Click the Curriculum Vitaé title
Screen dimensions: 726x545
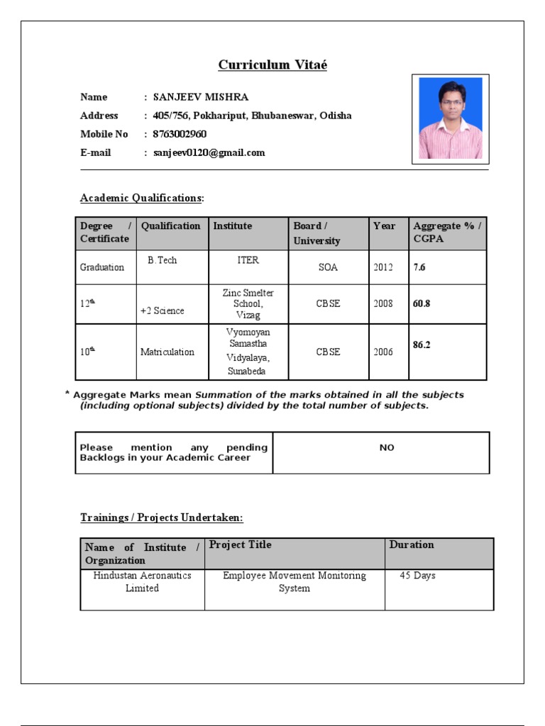pos(272,65)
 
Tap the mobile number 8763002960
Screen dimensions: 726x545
pos(180,134)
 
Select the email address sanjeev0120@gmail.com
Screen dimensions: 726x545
pos(209,152)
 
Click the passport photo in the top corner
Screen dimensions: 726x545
pos(450,118)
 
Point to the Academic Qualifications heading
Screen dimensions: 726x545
pos(142,199)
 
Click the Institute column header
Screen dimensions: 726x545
pos(233,226)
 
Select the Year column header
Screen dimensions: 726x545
pos(384,226)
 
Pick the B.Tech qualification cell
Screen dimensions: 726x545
pos(163,260)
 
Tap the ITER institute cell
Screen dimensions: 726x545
pos(248,260)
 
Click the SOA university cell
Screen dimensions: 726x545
pos(329,268)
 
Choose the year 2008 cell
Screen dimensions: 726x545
pos(382,303)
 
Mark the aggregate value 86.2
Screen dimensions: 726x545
pos(422,345)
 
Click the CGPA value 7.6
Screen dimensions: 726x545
pos(419,267)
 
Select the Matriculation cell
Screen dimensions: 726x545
pos(167,352)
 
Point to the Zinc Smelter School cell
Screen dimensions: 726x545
pos(248,303)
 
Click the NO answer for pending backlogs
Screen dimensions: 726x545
pos(387,448)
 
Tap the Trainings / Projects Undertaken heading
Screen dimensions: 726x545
pos(162,518)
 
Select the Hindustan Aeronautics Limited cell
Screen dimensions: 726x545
pos(142,582)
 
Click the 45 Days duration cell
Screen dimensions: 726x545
pos(417,576)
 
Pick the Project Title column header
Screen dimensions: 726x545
pos(241,544)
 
